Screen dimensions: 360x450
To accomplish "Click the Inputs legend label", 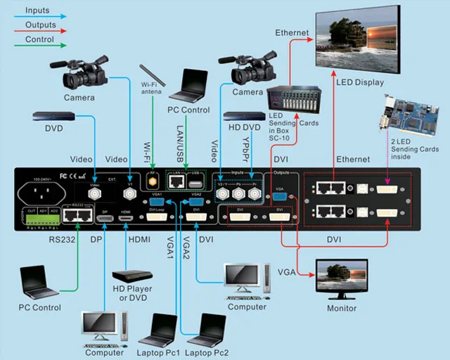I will click(x=37, y=11).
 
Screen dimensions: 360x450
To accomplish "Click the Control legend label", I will click(x=39, y=39).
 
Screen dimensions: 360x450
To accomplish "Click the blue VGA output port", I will click(x=280, y=196).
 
